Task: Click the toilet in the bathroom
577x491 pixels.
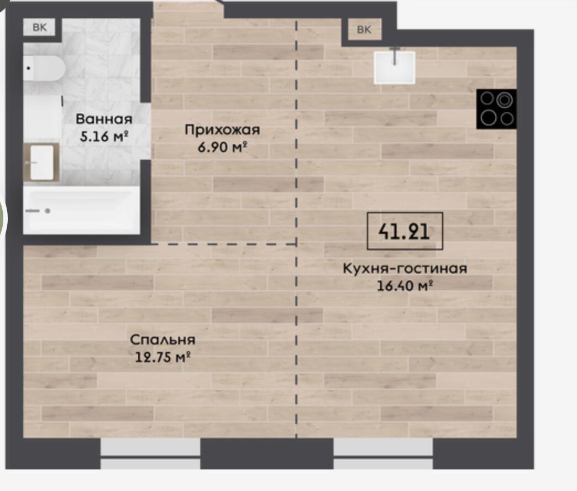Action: click(44, 68)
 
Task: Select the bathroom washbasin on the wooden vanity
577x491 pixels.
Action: click(41, 163)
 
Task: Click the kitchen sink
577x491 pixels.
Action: click(395, 67)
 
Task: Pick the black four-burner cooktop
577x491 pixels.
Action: click(496, 109)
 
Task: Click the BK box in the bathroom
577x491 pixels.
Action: click(39, 27)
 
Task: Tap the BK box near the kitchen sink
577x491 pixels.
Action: click(364, 30)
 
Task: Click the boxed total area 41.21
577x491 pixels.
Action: click(405, 232)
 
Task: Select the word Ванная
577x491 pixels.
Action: click(104, 119)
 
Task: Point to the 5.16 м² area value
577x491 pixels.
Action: click(104, 137)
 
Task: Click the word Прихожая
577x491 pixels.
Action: click(222, 130)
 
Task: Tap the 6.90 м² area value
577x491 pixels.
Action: click(222, 147)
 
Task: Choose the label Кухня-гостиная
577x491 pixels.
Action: click(405, 268)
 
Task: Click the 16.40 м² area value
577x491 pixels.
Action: click(405, 286)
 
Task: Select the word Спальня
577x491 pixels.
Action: click(162, 339)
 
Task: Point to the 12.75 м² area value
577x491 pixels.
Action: click(162, 357)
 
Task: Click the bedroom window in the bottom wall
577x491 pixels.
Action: click(150, 453)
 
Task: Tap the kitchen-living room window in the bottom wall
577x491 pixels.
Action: click(383, 453)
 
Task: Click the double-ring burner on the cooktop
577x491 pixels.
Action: click(505, 100)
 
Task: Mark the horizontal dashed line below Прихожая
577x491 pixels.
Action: click(223, 244)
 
